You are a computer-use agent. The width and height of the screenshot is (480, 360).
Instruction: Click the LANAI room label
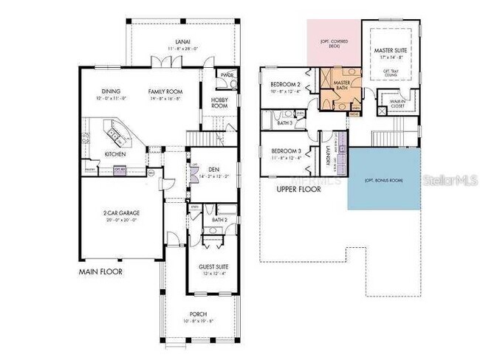pos(178,42)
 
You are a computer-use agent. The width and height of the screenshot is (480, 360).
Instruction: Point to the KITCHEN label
pos(114,154)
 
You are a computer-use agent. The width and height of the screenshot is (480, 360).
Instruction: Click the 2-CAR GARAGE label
pos(121,212)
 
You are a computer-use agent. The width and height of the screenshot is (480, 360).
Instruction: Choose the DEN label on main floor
pos(213,170)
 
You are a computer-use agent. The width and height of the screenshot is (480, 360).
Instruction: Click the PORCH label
pos(199,315)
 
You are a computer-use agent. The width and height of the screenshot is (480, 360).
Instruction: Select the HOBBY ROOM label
pos(220,103)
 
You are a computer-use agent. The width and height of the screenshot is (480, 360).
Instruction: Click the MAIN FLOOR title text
pos(100,272)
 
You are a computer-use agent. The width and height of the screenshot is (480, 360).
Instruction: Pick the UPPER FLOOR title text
pos(299,190)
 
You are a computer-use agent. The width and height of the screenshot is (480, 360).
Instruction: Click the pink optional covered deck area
pos(333,44)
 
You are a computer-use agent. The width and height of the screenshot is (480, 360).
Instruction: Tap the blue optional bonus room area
pos(383,179)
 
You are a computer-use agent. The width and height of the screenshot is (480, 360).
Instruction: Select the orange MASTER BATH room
pos(341,87)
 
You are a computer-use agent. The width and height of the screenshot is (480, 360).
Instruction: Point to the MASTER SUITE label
pos(392,52)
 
